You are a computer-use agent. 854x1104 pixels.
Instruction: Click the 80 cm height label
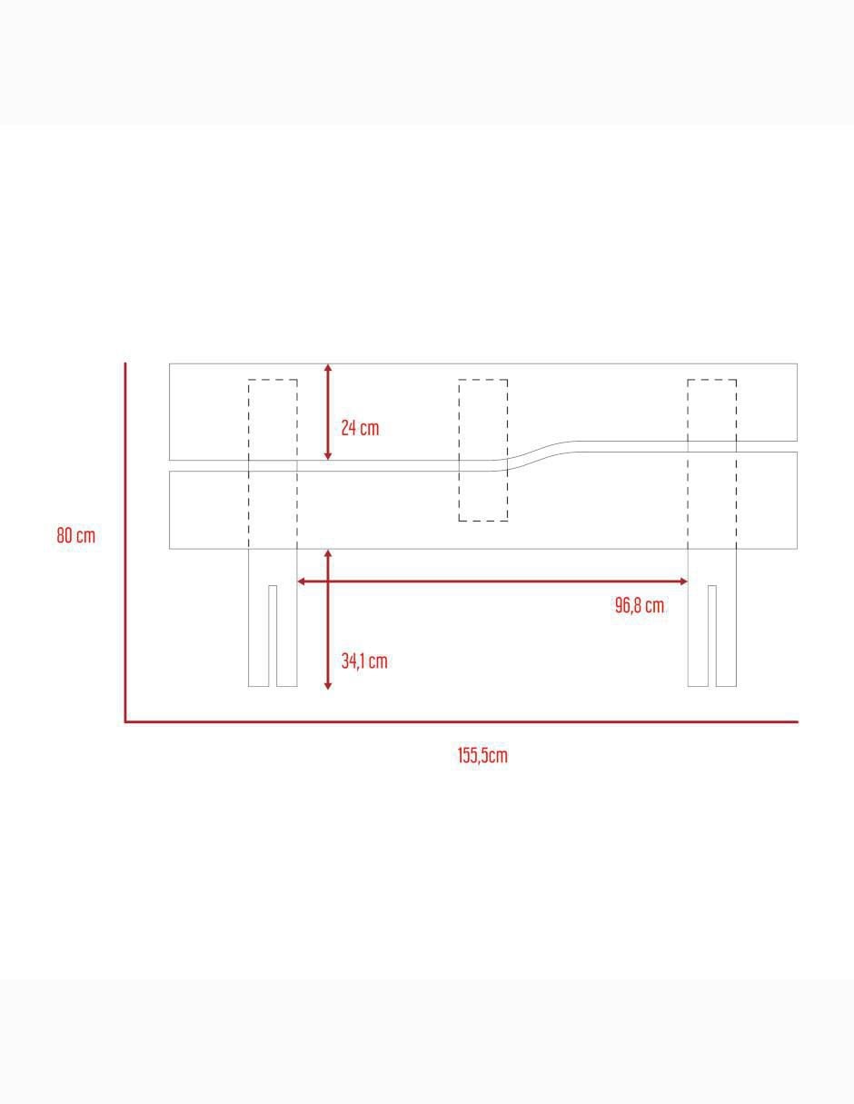[x=75, y=535]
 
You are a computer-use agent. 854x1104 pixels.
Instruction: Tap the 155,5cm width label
[x=482, y=755]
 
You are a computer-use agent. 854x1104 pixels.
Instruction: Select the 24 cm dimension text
[x=360, y=428]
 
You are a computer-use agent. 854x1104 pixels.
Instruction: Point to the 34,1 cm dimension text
[x=364, y=661]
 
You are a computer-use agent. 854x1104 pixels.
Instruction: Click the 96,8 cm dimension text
[x=640, y=605]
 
